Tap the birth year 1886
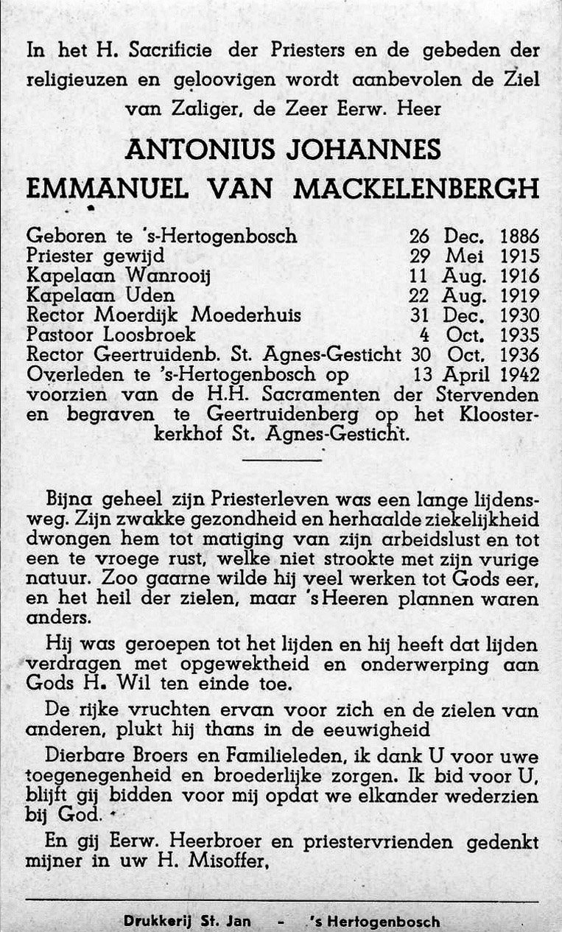[x=519, y=236]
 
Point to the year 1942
[x=519, y=375]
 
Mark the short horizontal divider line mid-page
[x=282, y=460]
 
